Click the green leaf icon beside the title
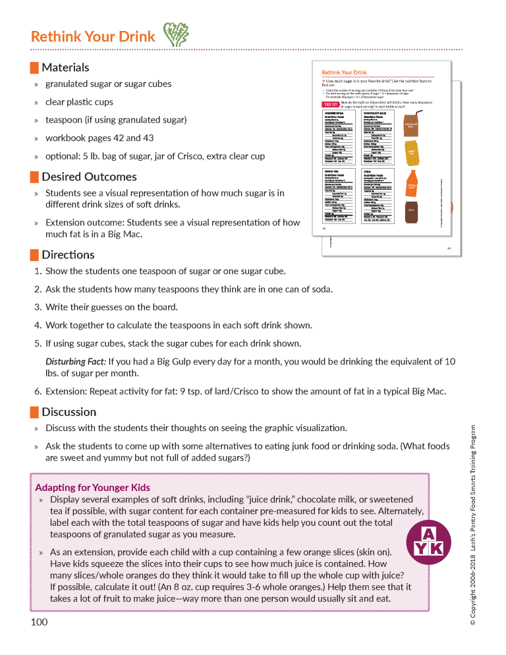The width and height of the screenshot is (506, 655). pyautogui.click(x=175, y=36)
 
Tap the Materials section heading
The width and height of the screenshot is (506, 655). pyautogui.click(x=65, y=67)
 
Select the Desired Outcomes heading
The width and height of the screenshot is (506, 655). pyautogui.click(x=89, y=177)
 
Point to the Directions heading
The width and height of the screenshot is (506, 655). pyautogui.click(x=68, y=254)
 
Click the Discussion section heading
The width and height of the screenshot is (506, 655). pyautogui.click(x=69, y=412)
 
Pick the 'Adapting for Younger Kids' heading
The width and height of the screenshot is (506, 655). pyautogui.click(x=92, y=488)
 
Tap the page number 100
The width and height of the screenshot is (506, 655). pyautogui.click(x=39, y=622)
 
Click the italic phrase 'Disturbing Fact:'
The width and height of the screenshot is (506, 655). pyautogui.click(x=75, y=361)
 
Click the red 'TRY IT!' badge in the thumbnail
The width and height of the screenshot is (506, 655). pyautogui.click(x=330, y=104)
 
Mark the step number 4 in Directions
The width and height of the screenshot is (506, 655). pyautogui.click(x=38, y=325)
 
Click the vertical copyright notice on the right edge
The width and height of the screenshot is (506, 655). pyautogui.click(x=472, y=524)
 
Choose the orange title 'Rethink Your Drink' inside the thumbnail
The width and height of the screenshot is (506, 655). pyautogui.click(x=344, y=72)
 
